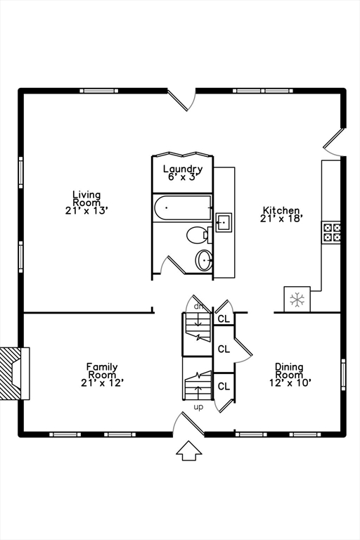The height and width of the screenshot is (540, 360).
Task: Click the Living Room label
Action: click(x=86, y=202)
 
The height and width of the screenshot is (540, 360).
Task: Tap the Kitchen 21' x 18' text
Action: click(x=281, y=214)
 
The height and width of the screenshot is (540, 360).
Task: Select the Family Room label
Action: click(x=102, y=374)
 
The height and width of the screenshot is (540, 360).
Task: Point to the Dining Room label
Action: click(x=289, y=374)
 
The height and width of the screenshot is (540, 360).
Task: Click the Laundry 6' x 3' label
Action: click(x=183, y=172)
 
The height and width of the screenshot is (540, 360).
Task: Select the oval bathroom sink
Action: click(x=204, y=260)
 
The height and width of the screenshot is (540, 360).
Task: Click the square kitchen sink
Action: click(x=224, y=223)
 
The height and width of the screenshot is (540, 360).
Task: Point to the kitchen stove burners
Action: click(x=331, y=232)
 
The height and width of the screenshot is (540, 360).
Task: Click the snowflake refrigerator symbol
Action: click(x=297, y=300)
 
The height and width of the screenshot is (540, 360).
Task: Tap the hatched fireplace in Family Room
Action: click(x=12, y=373)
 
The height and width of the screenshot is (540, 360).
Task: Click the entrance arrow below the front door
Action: click(x=188, y=451)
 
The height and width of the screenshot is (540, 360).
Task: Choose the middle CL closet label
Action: click(x=224, y=349)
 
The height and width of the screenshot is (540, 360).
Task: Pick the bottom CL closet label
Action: click(x=224, y=386)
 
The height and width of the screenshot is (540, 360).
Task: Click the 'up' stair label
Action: click(x=198, y=407)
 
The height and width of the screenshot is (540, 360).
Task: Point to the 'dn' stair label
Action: click(x=199, y=306)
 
